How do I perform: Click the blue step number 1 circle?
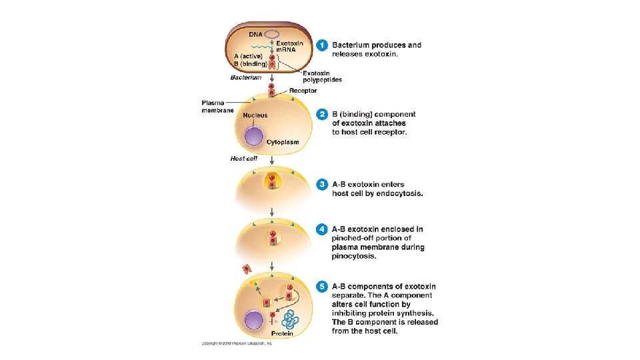[x=322, y=45]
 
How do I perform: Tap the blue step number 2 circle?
[x=322, y=115]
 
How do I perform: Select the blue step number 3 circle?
[x=322, y=185]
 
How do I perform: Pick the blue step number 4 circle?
[x=322, y=229]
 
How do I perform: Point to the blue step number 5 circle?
[x=322, y=287]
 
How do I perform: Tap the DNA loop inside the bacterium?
[x=273, y=33]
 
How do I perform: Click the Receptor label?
[x=303, y=91]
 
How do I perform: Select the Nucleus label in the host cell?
[x=255, y=115]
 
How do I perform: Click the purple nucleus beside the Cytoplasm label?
[x=253, y=137]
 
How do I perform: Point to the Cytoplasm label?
[x=283, y=142]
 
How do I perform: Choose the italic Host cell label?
[x=243, y=159]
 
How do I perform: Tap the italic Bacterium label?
[x=246, y=78]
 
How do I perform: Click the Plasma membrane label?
[x=217, y=106]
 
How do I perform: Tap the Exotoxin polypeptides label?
[x=322, y=76]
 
